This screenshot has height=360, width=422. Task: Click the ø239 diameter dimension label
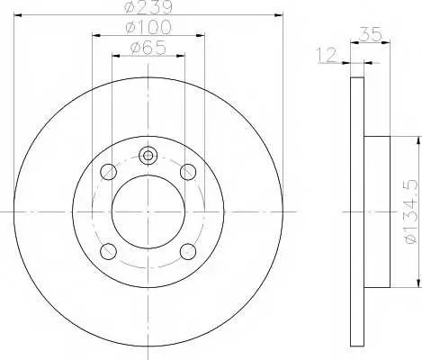[148, 6]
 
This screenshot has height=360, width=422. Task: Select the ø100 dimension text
[148, 27]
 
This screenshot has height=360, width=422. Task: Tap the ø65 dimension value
[148, 48]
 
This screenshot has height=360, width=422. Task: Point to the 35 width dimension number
[371, 34]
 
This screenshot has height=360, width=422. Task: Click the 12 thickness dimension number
[328, 55]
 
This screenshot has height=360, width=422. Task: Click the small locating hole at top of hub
[148, 156]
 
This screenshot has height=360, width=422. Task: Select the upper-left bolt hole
[108, 172]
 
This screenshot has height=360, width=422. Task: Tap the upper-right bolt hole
[188, 172]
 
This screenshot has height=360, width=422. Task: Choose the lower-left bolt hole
[108, 251]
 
